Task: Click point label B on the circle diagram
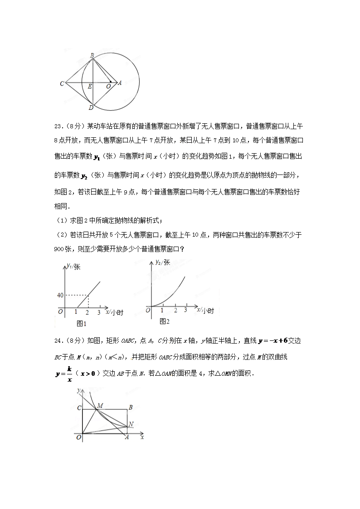(92, 55)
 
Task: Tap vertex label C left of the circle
(62, 84)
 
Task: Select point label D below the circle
(91, 108)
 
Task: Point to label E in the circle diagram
(90, 86)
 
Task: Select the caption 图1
(82, 323)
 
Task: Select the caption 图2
(164, 321)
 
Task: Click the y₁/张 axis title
(73, 267)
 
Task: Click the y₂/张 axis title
(162, 262)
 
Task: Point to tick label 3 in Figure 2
(185, 310)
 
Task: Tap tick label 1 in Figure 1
(76, 312)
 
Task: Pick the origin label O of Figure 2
(147, 310)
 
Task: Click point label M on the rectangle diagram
(100, 405)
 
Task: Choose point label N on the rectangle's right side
(131, 424)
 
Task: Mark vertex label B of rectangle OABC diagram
(130, 407)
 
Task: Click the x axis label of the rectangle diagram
(142, 438)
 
